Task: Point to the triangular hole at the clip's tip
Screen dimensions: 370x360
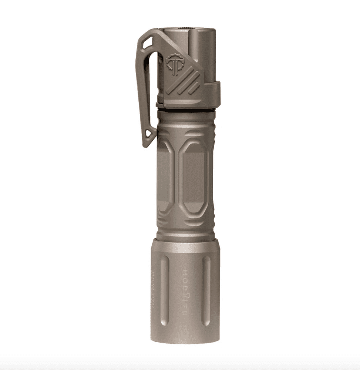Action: coord(149,134)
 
